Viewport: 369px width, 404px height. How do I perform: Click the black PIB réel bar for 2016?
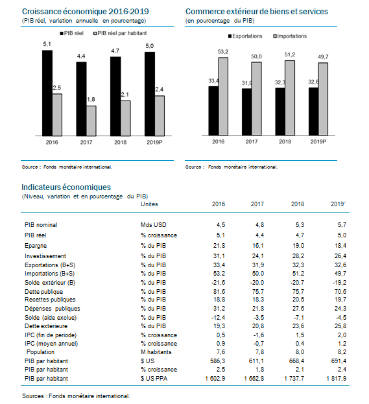[47, 93]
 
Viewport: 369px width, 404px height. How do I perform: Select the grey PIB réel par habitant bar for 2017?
[91, 121]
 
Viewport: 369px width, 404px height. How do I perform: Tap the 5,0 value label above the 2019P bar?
[149, 46]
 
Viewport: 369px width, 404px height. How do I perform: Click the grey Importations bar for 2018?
[290, 98]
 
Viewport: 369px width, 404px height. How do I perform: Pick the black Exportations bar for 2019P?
[313, 112]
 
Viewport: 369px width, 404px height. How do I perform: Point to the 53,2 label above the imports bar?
[223, 52]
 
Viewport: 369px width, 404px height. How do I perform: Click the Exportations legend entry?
[245, 36]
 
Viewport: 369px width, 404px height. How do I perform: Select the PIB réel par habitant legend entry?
[120, 33]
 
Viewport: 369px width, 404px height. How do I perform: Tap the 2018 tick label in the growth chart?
[121, 142]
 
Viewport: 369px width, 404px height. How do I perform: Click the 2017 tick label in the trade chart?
[252, 142]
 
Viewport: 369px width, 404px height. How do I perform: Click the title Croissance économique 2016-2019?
[86, 12]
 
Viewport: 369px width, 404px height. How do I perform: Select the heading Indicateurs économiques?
[66, 187]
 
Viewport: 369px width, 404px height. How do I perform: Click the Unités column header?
[149, 204]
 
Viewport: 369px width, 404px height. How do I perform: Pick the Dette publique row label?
[44, 292]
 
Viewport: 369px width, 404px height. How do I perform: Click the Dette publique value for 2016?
[219, 292]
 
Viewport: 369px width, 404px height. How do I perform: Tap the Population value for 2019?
[342, 352]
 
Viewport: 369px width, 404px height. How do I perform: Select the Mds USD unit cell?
[153, 225]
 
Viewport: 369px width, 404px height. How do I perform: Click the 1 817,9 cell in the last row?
[337, 379]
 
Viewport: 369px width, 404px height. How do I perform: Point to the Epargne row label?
[36, 246]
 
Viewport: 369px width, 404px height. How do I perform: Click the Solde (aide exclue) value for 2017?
[258, 318]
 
